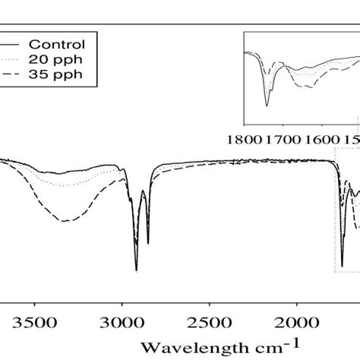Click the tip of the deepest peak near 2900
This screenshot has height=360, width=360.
(137, 270)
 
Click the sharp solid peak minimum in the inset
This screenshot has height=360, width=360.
(267, 106)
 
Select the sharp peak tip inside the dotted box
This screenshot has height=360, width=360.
(342, 266)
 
